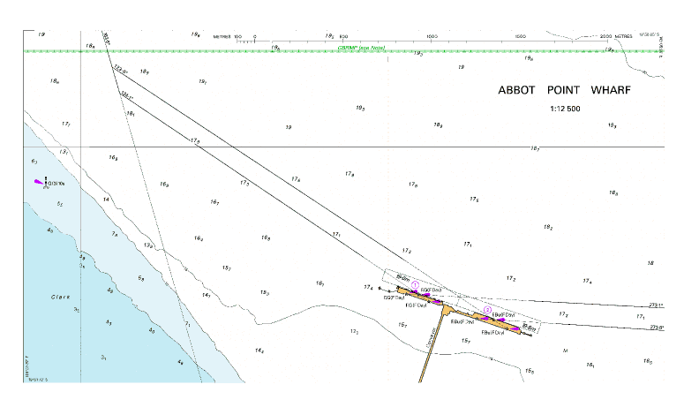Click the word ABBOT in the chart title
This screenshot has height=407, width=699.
click(x=516, y=91)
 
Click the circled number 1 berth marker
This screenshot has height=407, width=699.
click(x=416, y=283)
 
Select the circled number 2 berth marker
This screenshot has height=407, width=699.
click(x=486, y=309)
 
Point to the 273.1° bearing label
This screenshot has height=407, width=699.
click(x=656, y=305)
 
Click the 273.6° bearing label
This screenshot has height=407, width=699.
click(x=656, y=328)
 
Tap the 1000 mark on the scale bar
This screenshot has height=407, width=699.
click(x=432, y=37)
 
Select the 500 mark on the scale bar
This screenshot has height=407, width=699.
click(x=343, y=37)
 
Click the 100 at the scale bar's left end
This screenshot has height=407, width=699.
click(x=237, y=37)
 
